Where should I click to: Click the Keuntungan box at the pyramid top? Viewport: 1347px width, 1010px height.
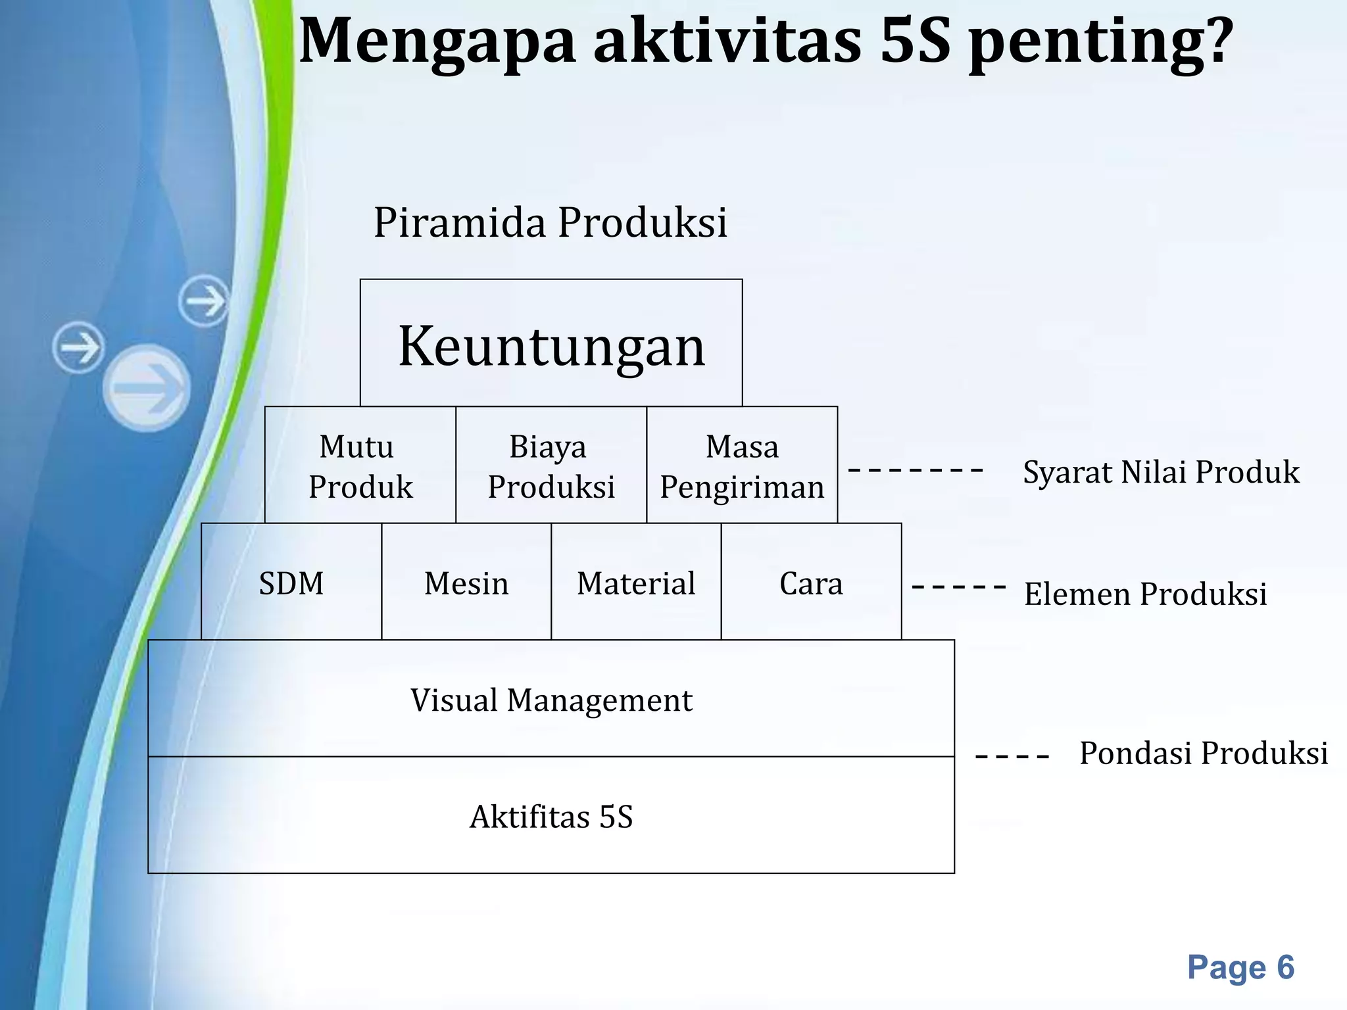pyautogui.click(x=551, y=343)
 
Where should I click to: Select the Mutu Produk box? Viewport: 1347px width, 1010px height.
pyautogui.click(x=360, y=466)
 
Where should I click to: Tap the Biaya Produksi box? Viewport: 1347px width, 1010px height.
pyautogui.click(x=551, y=466)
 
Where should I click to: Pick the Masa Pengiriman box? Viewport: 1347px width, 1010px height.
pyautogui.click(x=742, y=466)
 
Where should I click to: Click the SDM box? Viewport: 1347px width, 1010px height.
pyautogui.click(x=291, y=583)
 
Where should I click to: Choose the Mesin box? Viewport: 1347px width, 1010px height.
pyautogui.click(x=466, y=583)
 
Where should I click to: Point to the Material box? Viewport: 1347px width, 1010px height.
pyautogui.click(x=636, y=583)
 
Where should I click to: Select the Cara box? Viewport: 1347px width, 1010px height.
pyautogui.click(x=811, y=583)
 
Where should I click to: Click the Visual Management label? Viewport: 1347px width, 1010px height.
pyautogui.click(x=551, y=700)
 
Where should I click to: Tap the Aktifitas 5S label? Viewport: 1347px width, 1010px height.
pyautogui.click(x=551, y=817)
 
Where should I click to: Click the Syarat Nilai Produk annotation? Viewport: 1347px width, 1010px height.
pyautogui.click(x=1161, y=472)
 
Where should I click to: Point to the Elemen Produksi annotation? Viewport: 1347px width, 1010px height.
pyautogui.click(x=1145, y=594)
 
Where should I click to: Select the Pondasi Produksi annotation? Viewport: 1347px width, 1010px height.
pyautogui.click(x=1203, y=753)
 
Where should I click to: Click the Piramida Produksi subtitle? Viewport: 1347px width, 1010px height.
pyautogui.click(x=551, y=222)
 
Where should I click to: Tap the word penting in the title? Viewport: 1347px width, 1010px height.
pyautogui.click(x=1099, y=41)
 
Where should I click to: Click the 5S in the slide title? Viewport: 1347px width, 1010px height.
pyautogui.click(x=915, y=41)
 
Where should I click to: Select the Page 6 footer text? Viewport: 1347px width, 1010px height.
pyautogui.click(x=1240, y=967)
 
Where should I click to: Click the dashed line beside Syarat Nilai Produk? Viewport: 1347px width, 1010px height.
pyautogui.click(x=916, y=470)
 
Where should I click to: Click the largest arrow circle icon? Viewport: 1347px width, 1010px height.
pyautogui.click(x=147, y=388)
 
